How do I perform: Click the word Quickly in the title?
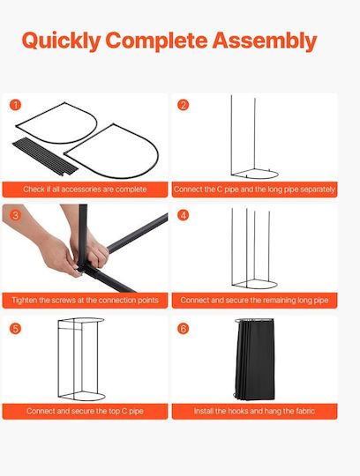62,41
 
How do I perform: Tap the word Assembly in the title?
265,41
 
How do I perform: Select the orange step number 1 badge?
15,105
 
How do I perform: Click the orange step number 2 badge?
184,105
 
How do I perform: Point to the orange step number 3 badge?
15,215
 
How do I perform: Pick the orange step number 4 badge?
184,215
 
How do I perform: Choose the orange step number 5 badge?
15,329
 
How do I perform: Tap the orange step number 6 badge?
184,329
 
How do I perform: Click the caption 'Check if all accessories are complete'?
85,190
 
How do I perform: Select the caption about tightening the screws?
85,301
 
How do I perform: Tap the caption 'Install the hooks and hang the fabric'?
254,411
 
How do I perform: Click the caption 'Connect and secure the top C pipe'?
85,411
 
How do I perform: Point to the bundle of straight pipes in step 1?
45,156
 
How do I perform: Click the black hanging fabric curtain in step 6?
255,360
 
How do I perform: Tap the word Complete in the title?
157,41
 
